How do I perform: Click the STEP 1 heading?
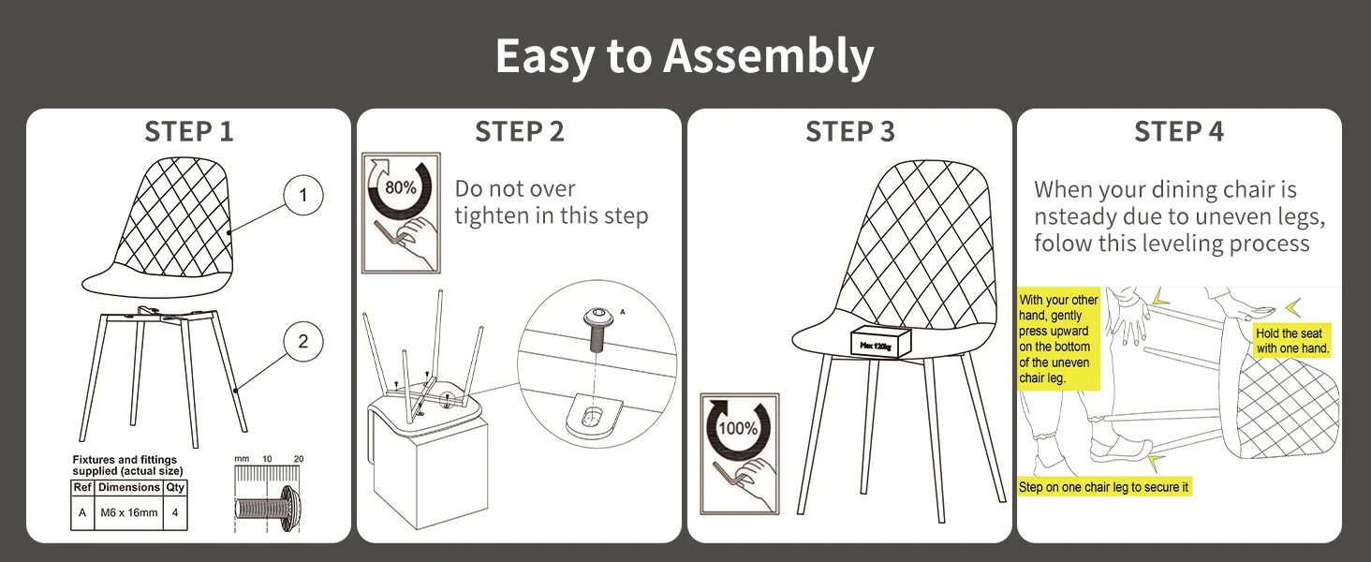click(188, 132)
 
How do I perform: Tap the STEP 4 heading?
click(1178, 132)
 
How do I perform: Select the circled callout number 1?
click(302, 196)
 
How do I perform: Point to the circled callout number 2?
click(302, 342)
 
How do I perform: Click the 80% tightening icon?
click(401, 213)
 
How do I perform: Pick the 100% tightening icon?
click(740, 453)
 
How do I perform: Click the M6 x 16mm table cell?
click(128, 512)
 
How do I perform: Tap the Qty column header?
click(175, 487)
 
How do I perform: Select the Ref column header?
click(82, 487)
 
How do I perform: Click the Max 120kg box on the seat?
click(881, 344)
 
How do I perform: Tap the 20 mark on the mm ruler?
click(298, 459)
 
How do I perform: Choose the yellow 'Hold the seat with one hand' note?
click(1292, 341)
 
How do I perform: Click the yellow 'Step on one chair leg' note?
click(1104, 487)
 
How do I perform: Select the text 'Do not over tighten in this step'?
click(551, 202)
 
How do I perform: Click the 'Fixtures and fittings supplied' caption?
click(126, 465)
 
